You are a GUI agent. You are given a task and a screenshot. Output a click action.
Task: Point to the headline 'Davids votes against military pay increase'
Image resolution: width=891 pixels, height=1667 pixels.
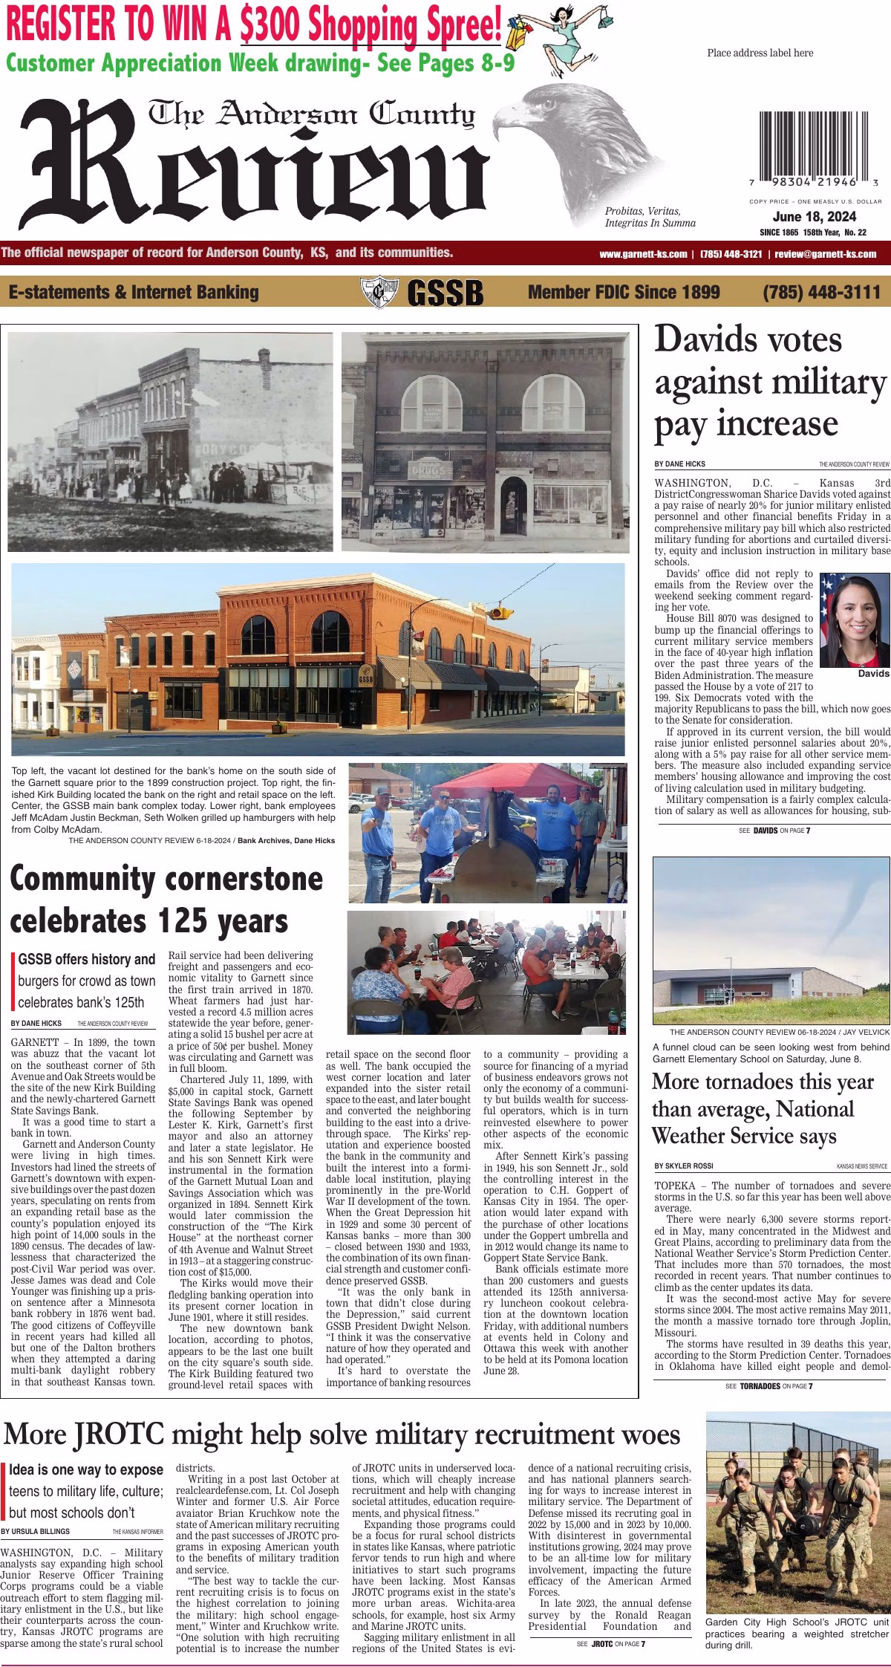pos(769,382)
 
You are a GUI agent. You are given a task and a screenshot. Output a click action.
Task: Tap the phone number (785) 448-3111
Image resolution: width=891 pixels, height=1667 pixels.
pos(821,292)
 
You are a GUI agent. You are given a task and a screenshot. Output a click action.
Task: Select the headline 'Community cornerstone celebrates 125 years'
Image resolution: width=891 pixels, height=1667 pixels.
pos(167,900)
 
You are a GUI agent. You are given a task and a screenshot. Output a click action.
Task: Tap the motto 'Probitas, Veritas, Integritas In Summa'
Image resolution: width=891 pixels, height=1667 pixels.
pos(650,217)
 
